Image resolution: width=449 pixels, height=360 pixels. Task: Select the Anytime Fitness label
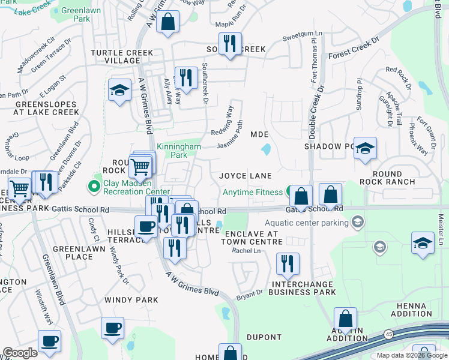pyautogui.click(x=252, y=193)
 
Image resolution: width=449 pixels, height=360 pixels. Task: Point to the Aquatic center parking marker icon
pyautogui.click(x=358, y=223)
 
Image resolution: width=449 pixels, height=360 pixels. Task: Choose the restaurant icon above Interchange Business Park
pyautogui.click(x=288, y=263)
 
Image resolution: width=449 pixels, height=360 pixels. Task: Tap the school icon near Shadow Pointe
pyautogui.click(x=364, y=148)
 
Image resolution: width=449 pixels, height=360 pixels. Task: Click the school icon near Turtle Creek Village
pyautogui.click(x=119, y=91)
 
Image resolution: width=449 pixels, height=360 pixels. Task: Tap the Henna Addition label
pyautogui.click(x=412, y=310)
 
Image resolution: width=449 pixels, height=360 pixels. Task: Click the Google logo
pyautogui.click(x=20, y=353)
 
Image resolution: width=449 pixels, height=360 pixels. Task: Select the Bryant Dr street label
pyautogui.click(x=249, y=295)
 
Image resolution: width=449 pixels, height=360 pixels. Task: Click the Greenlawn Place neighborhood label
pyautogui.click(x=73, y=253)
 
